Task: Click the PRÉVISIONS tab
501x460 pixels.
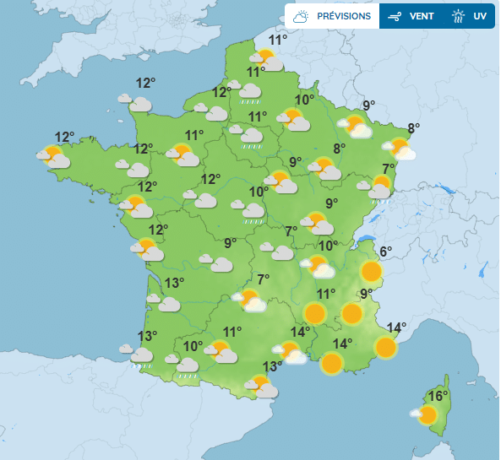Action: tap(343, 16)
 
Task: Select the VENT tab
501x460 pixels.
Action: tap(422, 16)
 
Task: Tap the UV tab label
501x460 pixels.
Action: tap(480, 16)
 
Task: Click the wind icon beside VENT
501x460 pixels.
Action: tap(394, 16)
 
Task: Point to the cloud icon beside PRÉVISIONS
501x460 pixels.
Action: tap(302, 16)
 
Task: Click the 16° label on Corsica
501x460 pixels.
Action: tap(438, 396)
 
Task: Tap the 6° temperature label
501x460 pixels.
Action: tap(385, 252)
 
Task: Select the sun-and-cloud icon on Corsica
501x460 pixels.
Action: tap(425, 414)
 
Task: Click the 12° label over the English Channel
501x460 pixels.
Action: tap(146, 83)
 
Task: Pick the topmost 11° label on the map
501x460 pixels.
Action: tap(278, 40)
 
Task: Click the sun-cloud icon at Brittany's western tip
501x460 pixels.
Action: tap(54, 157)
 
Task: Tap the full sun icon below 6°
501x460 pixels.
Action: tap(371, 271)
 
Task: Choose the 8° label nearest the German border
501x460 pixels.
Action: tap(413, 128)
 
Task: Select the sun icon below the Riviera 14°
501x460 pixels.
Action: tap(385, 347)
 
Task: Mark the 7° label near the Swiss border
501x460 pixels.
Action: tap(389, 167)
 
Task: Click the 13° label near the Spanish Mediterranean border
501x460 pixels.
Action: tap(271, 366)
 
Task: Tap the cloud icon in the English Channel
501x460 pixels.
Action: tap(137, 104)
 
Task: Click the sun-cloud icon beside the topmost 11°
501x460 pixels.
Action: tap(265, 59)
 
